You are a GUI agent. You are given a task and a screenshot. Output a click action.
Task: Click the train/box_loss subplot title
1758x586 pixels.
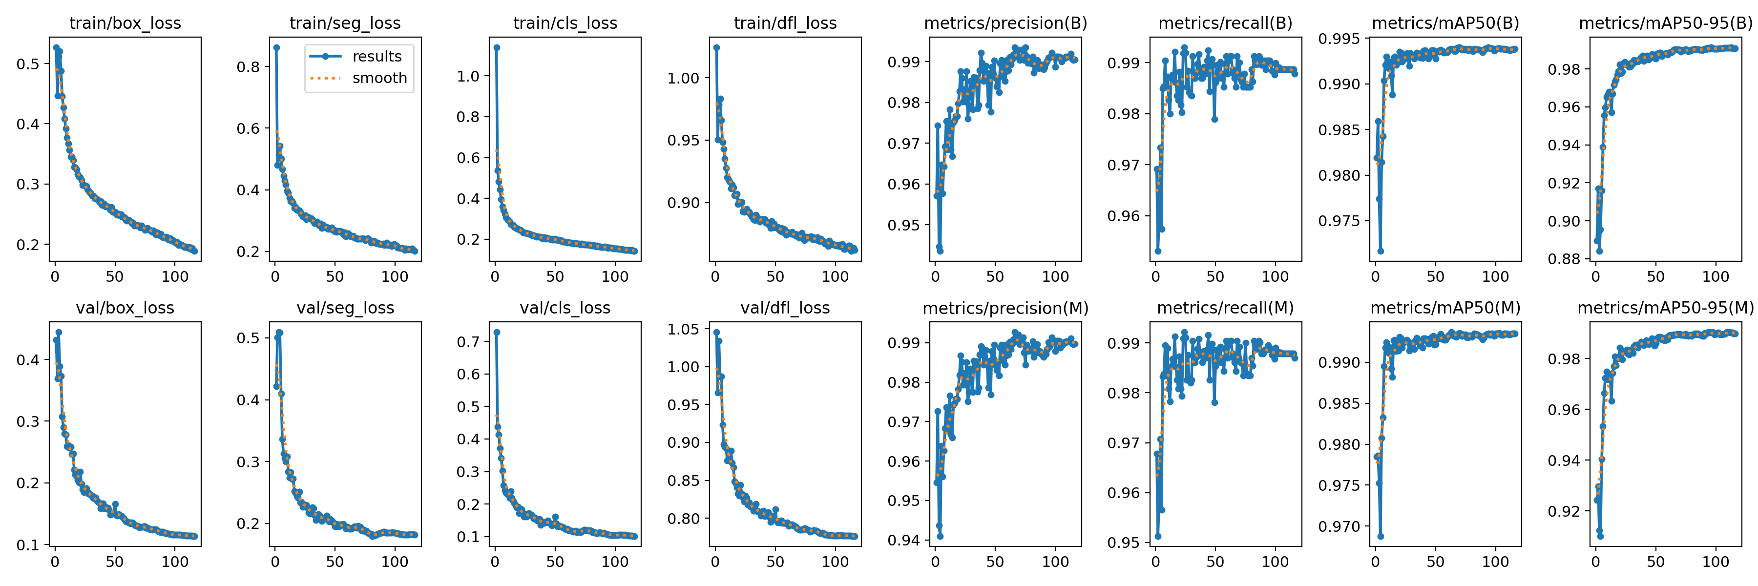point(125,23)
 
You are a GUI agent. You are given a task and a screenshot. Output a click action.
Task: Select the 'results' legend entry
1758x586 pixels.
point(377,57)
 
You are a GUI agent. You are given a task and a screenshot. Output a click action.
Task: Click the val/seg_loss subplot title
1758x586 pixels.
point(345,308)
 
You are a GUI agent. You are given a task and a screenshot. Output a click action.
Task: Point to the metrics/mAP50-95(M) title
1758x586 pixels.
point(1665,308)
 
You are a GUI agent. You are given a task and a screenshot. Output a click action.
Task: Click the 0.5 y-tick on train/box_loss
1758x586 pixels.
point(28,64)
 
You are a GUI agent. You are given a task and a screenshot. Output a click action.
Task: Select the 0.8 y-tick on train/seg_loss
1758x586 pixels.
point(248,67)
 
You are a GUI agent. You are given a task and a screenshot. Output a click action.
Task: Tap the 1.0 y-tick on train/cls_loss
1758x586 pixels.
point(468,76)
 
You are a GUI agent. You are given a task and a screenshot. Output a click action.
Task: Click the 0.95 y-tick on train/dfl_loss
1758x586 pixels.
point(683,141)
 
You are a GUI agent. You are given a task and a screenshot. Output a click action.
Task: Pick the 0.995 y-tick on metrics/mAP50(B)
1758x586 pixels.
point(1339,39)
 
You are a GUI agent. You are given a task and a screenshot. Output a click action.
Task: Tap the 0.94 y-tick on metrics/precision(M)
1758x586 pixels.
point(903,540)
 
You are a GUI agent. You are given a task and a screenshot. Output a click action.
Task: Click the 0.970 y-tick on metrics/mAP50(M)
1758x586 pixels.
point(1339,526)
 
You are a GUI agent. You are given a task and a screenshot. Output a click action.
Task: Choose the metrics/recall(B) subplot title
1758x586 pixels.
point(1225,23)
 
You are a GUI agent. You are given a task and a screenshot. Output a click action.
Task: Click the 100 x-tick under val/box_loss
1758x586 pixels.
point(175,562)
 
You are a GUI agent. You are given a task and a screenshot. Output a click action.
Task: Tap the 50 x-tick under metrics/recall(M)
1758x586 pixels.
point(1215,562)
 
